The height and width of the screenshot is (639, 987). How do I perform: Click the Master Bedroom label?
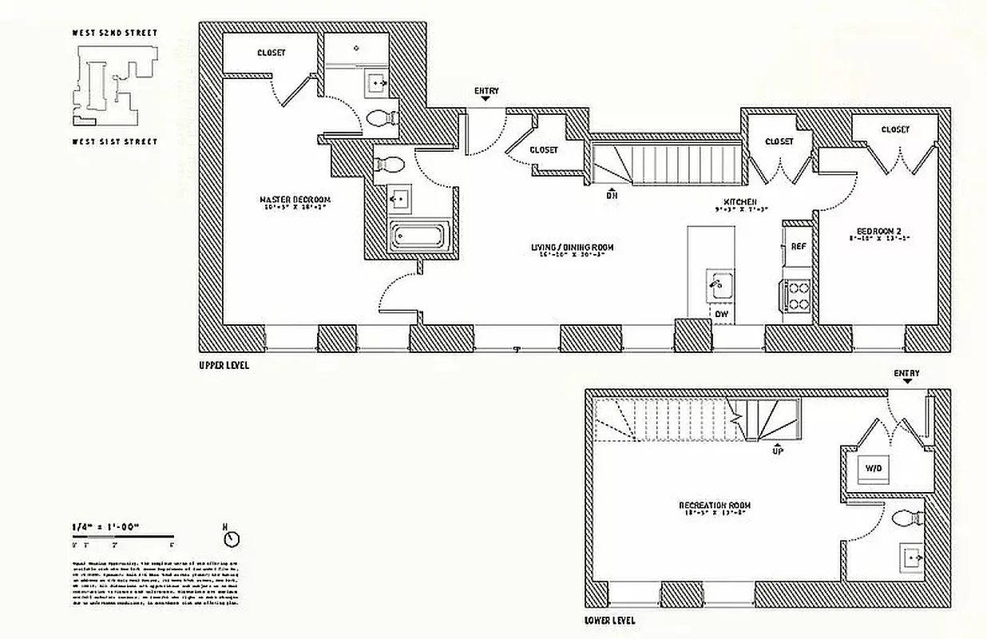click(295, 200)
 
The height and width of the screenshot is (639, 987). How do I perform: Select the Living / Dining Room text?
click(573, 248)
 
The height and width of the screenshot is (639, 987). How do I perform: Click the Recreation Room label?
click(714, 506)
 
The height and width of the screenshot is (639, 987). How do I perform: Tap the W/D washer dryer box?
click(871, 469)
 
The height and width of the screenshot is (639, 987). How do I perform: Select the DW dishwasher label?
click(721, 315)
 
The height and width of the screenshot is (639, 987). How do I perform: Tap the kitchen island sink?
click(719, 284)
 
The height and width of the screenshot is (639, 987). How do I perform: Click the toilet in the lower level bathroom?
click(904, 518)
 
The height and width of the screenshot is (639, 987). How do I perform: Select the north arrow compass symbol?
click(232, 539)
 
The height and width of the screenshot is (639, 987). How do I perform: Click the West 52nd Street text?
click(115, 34)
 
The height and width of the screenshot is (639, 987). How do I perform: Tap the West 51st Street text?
click(115, 142)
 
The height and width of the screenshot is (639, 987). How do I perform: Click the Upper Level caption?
click(224, 365)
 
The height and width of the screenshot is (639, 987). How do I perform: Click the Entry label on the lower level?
click(906, 373)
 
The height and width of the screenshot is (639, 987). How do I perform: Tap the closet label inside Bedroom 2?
click(895, 129)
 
